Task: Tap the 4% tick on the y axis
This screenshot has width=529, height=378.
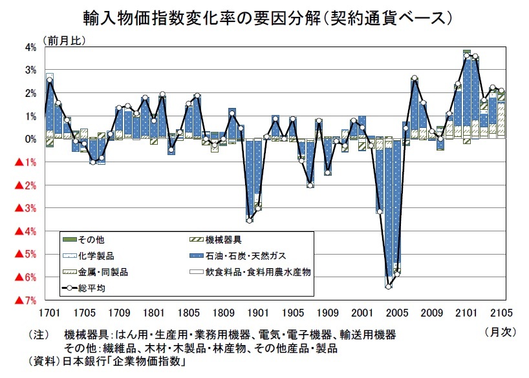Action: click(x=31, y=47)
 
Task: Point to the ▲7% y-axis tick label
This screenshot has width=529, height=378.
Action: click(x=26, y=300)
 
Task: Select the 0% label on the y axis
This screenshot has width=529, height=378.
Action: click(x=31, y=140)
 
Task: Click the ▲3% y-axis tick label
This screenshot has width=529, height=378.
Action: click(x=26, y=208)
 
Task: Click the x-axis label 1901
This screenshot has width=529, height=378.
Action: click(x=257, y=313)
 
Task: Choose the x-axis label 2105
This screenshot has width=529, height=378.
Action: click(x=501, y=313)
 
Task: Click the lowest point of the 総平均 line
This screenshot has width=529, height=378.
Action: click(x=388, y=286)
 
